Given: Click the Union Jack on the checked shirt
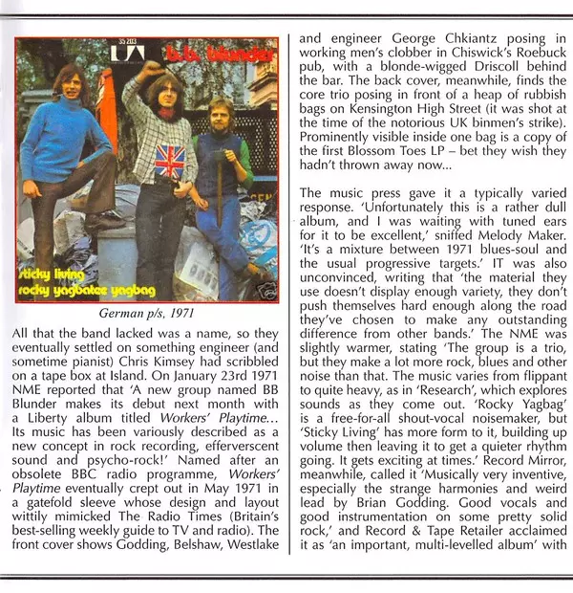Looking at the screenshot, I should click(169, 161).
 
